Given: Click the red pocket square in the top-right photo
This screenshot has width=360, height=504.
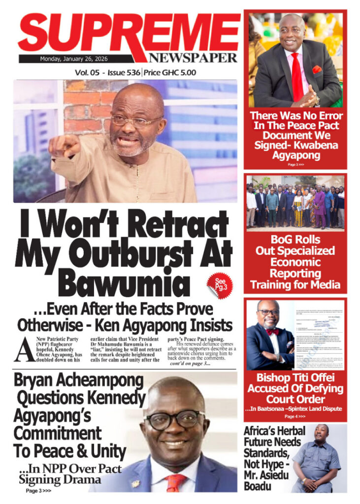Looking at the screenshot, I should [317, 69].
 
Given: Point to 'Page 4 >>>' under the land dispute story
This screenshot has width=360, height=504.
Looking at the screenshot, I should [295, 416].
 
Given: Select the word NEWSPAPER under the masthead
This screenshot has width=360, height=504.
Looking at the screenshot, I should [193, 58].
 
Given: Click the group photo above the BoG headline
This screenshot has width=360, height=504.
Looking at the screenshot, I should [295, 202].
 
